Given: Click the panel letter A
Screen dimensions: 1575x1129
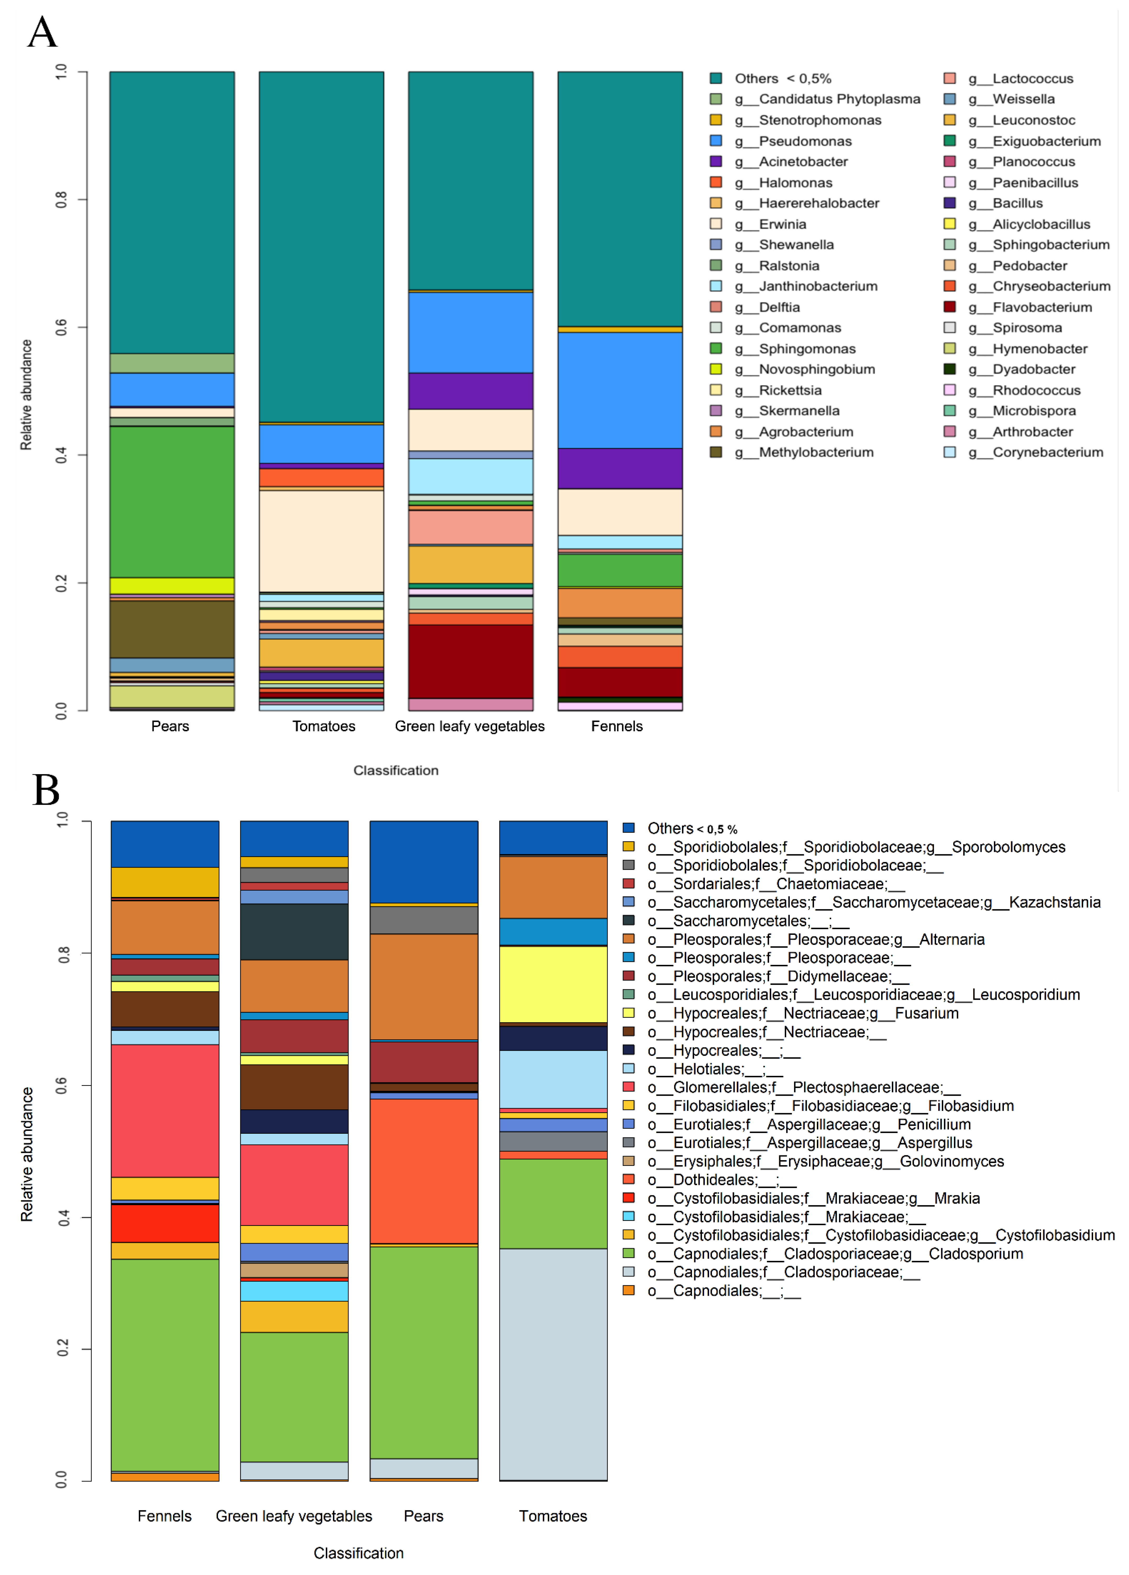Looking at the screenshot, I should [42, 33].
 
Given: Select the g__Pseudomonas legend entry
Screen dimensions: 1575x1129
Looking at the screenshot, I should [805, 141].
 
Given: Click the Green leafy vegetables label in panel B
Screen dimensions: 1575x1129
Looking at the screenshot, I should [294, 1516].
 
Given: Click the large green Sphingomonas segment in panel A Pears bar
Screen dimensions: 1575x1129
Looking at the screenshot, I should [171, 501].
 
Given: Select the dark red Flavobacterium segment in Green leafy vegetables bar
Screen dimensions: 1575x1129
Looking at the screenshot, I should [470, 661].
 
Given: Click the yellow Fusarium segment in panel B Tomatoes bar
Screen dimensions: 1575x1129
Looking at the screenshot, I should [553, 984].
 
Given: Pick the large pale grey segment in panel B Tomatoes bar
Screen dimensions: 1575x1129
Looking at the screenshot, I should [553, 1365].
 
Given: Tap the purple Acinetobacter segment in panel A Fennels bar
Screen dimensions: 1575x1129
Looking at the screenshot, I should [620, 469].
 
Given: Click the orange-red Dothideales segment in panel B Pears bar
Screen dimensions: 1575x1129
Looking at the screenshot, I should [424, 1171].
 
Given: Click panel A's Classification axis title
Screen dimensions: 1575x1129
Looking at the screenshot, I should [395, 770].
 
